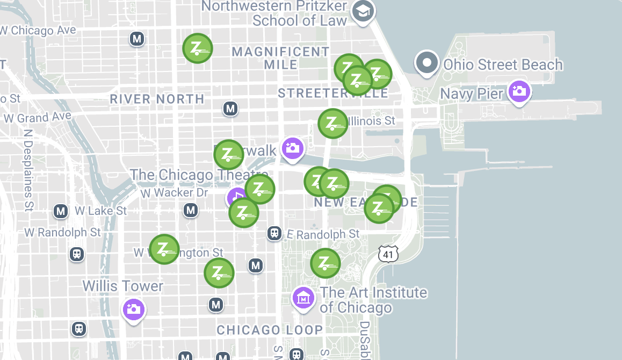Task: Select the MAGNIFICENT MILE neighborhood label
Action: point(280,57)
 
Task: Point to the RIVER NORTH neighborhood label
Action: point(157,99)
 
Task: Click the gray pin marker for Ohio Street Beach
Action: point(427,63)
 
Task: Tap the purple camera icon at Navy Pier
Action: point(519,91)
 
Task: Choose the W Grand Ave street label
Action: point(37,117)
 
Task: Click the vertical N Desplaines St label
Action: point(28,169)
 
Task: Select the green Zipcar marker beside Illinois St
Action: point(332,124)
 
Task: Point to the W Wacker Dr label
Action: point(174,192)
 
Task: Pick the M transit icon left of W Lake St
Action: point(61,211)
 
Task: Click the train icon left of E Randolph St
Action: point(274,233)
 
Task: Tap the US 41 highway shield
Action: point(388,254)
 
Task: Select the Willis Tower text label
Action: point(122,285)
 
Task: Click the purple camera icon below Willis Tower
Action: point(133,309)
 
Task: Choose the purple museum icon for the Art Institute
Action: point(303,297)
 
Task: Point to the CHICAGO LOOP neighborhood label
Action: point(270,330)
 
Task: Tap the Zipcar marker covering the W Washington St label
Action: point(164,249)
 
